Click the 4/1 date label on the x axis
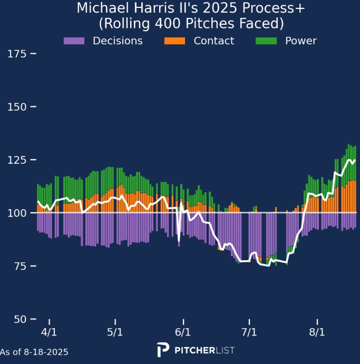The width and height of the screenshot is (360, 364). click(50, 333)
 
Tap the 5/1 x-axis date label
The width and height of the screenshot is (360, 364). click(115, 333)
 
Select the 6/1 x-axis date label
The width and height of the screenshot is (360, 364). click(183, 333)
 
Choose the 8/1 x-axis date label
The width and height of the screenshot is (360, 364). click(317, 333)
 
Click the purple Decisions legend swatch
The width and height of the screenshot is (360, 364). click(74, 41)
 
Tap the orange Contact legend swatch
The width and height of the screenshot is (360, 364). click(175, 41)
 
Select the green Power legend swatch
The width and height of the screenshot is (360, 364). click(266, 41)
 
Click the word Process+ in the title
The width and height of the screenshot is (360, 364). click(268, 9)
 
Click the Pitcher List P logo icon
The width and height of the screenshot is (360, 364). click(163, 350)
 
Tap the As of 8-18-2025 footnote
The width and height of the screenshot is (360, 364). click(34, 352)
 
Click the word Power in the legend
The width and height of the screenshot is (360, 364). click(301, 41)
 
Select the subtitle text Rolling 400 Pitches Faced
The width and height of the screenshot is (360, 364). click(191, 24)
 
